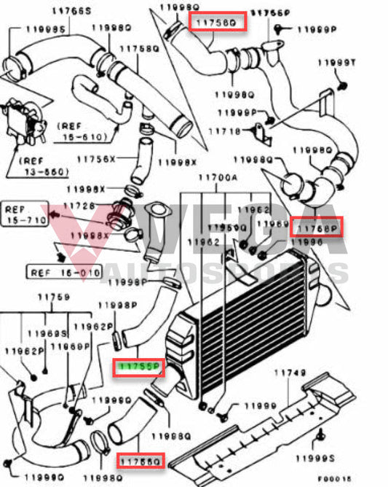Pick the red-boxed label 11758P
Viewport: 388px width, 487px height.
click(316, 227)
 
